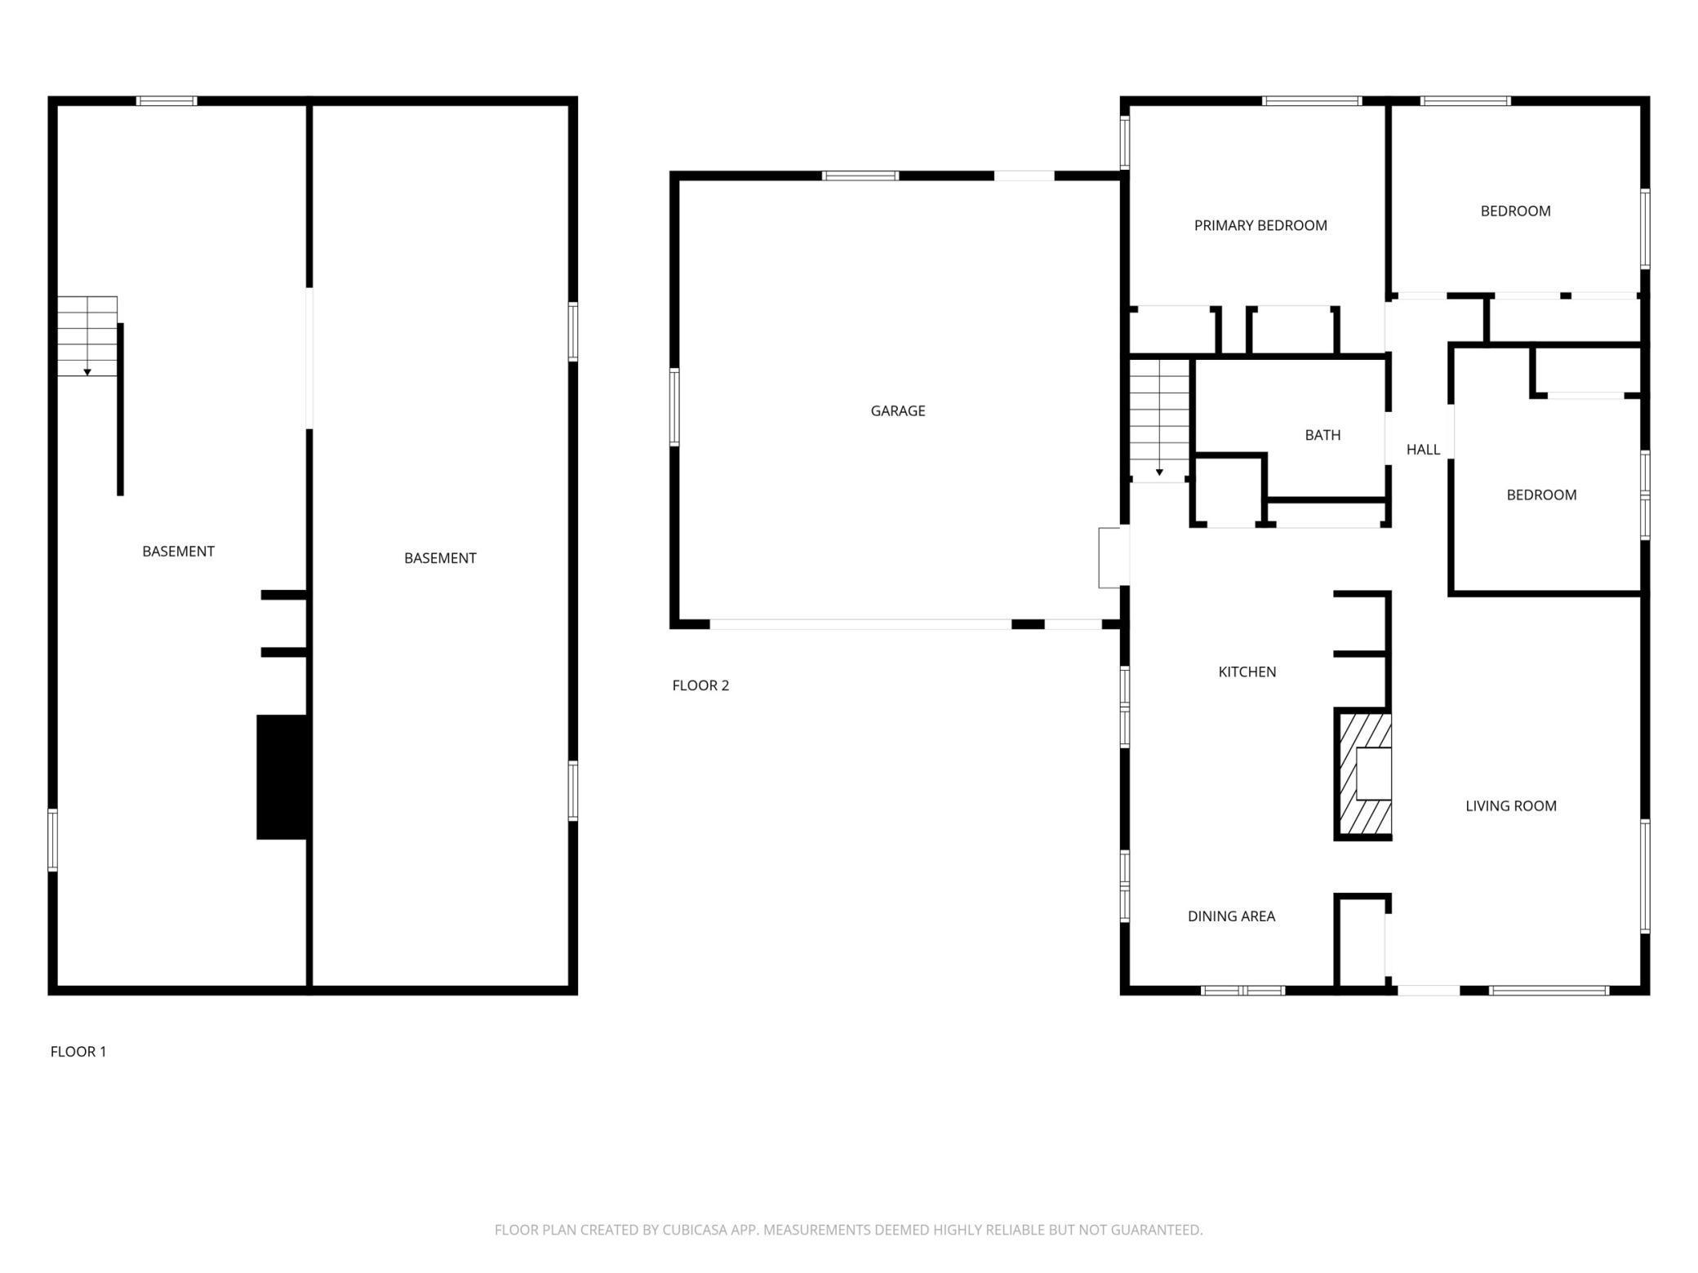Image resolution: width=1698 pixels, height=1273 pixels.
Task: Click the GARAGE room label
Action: pos(897,410)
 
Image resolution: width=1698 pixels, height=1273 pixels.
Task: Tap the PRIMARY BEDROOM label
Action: pos(1260,225)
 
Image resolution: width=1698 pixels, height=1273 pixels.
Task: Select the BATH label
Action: pos(1322,435)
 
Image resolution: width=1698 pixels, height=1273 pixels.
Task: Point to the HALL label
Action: pos(1423,449)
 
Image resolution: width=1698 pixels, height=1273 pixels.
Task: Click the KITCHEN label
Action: pos(1247,672)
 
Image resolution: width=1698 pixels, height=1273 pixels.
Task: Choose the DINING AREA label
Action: pos(1231,916)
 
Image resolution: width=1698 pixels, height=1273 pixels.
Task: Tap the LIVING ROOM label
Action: pos(1510,805)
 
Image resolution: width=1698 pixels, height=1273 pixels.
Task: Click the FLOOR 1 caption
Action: pos(78,1051)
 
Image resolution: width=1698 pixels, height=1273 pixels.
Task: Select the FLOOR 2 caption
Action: pos(700,685)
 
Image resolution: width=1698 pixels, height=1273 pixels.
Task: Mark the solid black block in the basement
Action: pos(282,777)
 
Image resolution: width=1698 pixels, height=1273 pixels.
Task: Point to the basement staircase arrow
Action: pos(87,371)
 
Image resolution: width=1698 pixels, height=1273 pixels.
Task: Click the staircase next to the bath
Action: pos(1159,420)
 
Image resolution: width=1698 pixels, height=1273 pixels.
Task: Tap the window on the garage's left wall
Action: pos(674,407)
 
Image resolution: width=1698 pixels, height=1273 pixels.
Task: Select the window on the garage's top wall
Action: pos(860,175)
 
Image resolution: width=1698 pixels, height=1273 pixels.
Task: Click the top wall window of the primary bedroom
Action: pos(1311,101)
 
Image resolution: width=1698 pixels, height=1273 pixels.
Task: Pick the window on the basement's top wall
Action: pos(167,101)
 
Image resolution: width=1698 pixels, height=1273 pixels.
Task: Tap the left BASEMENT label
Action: pos(178,551)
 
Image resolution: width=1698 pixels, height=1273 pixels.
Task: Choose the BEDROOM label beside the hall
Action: pos(1540,495)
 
